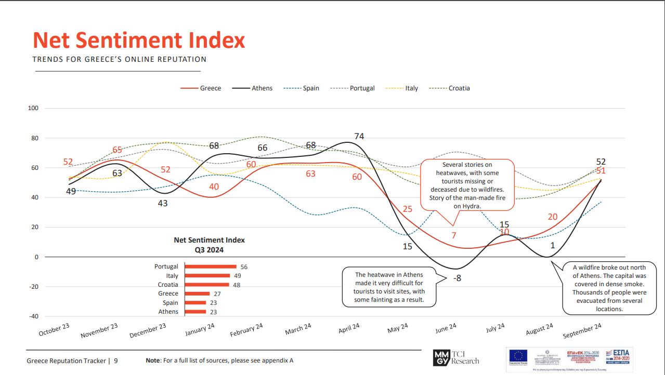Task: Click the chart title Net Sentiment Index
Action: (x=139, y=40)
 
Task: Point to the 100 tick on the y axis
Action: (x=33, y=109)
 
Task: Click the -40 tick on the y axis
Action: (x=33, y=316)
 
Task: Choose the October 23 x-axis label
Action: (x=54, y=330)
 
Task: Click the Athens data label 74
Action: (x=359, y=137)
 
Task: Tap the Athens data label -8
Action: (x=457, y=278)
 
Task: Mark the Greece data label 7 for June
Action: (x=453, y=235)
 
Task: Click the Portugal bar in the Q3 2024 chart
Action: (x=211, y=266)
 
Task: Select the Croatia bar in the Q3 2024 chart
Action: (x=207, y=285)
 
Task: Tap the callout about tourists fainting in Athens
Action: (x=389, y=287)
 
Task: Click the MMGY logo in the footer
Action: (x=440, y=358)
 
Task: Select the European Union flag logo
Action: (x=518, y=355)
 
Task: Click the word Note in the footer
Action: (x=153, y=360)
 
